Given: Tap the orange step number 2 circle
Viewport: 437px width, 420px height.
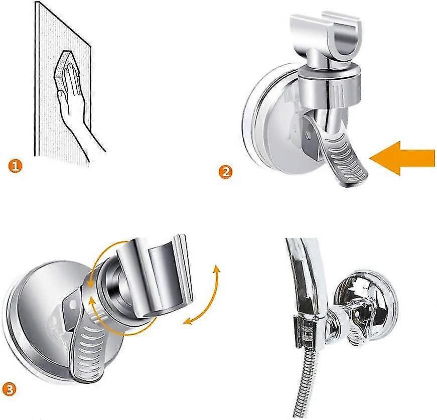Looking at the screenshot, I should (x=226, y=172).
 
